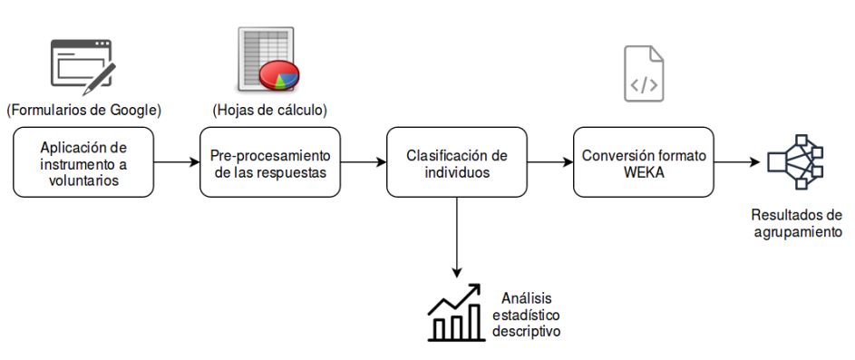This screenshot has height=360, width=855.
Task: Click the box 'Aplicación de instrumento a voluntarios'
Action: [83, 162]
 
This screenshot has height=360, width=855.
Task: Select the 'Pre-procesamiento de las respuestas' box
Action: [270, 162]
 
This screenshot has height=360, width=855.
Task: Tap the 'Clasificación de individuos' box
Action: [457, 162]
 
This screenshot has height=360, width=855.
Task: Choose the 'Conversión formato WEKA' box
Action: [644, 162]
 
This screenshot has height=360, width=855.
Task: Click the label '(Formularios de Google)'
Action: [84, 111]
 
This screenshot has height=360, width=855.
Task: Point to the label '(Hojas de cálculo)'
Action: [269, 111]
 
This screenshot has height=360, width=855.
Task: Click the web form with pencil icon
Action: [83, 66]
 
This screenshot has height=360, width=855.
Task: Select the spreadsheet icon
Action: [268, 60]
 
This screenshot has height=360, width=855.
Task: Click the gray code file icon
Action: [644, 73]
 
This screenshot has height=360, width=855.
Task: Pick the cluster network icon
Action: [795, 161]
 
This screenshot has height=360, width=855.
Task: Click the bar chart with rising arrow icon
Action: [456, 313]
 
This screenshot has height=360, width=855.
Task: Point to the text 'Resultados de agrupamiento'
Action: [797, 223]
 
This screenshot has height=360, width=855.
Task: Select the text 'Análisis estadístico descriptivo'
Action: [526, 315]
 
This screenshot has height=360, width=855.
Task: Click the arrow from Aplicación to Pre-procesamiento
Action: [177, 162]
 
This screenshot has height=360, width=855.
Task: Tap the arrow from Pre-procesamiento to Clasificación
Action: [364, 162]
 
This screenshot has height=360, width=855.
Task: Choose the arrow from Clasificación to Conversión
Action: [550, 162]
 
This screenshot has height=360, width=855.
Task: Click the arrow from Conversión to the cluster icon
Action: [737, 162]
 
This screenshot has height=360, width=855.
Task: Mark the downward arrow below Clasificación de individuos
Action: [457, 238]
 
